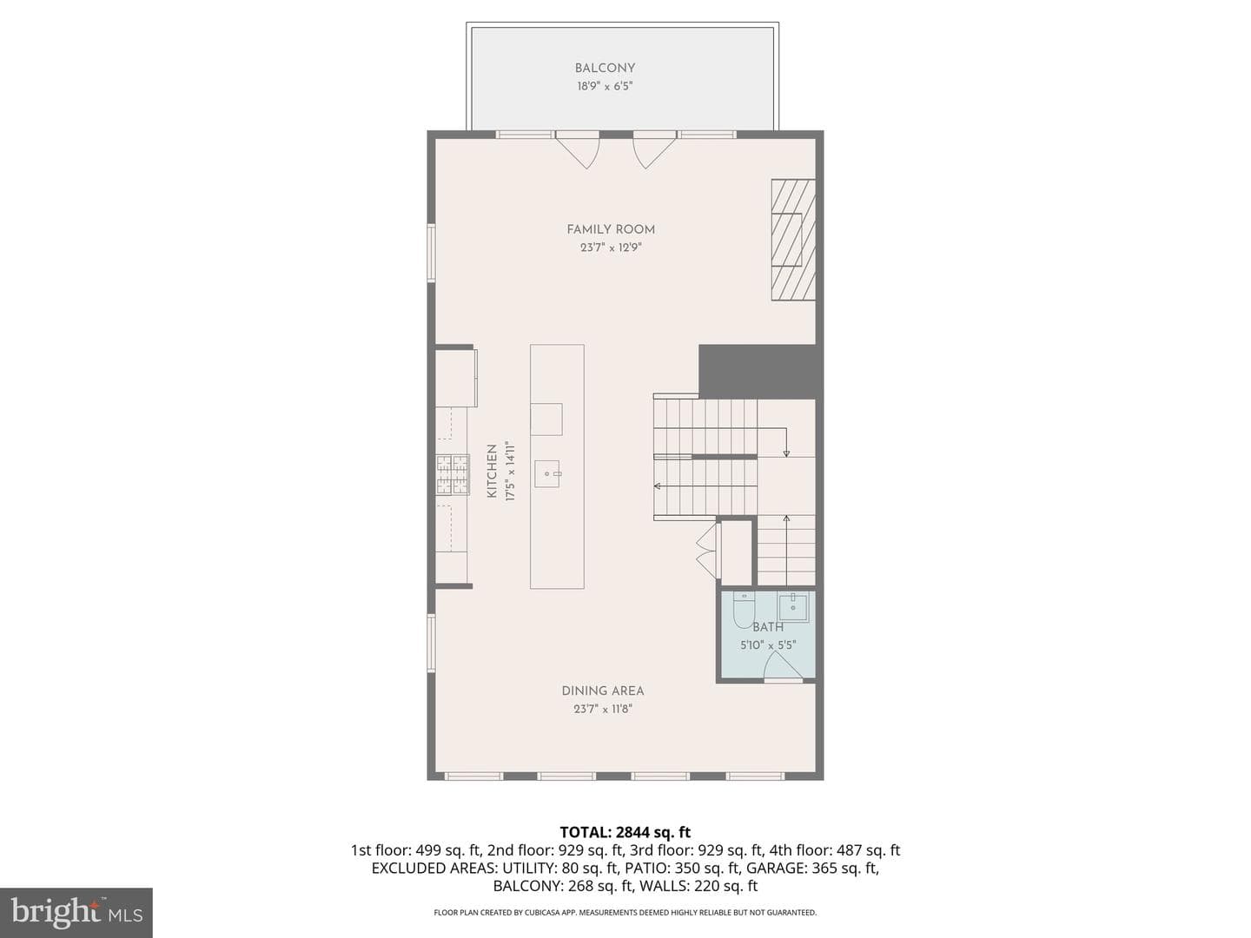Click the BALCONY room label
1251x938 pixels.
click(x=605, y=69)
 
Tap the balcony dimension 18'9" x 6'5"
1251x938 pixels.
click(x=605, y=87)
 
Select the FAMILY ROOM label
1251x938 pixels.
click(x=611, y=229)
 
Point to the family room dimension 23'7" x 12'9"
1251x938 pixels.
click(x=611, y=248)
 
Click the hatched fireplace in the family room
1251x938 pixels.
click(x=793, y=240)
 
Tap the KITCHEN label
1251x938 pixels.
click(x=492, y=471)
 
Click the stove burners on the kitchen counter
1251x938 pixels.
click(x=453, y=474)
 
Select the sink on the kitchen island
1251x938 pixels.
click(x=547, y=474)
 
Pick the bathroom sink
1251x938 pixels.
click(x=793, y=607)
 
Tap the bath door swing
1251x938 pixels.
click(x=782, y=665)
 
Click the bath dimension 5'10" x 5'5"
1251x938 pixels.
click(x=768, y=645)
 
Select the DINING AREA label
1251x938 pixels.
click(x=603, y=690)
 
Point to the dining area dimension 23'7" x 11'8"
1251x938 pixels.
click(x=603, y=709)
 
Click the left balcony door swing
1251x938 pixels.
click(x=578, y=149)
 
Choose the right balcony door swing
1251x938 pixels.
click(x=654, y=149)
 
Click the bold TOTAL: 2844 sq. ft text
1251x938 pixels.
click(x=625, y=832)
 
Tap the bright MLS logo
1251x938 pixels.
click(x=76, y=913)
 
